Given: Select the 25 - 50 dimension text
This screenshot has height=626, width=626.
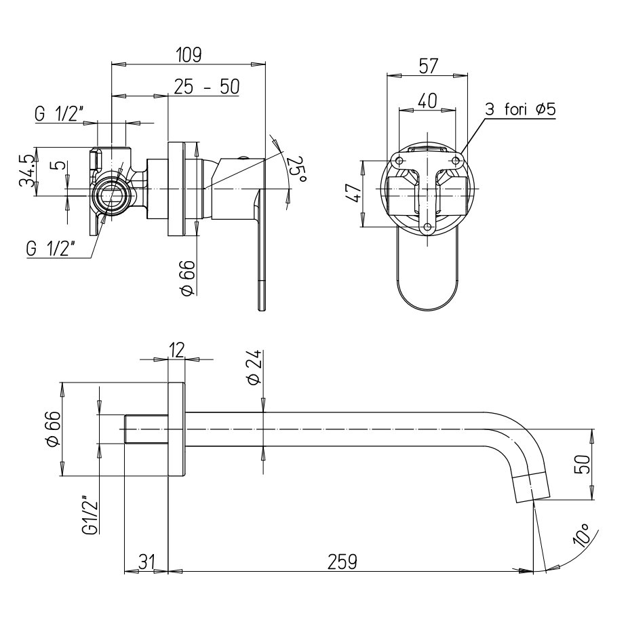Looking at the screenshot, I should coord(206,87).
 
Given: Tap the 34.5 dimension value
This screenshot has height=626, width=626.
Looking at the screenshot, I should coord(27,172).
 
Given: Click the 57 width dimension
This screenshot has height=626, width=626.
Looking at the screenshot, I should coord(427,66).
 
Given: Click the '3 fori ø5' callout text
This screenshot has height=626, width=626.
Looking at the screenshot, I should coord(520,109).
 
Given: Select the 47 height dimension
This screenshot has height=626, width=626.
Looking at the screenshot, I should coord(350,195).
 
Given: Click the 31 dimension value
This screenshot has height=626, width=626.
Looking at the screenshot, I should coord(146,562).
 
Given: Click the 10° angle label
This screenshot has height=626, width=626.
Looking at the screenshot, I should coord(582,536).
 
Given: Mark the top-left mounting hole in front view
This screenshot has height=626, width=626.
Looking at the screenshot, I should coord(399,161).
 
